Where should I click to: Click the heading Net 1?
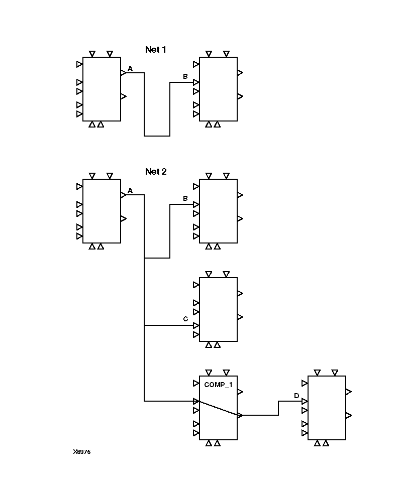pos(155,50)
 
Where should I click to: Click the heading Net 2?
pos(155,172)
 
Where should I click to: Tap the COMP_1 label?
pos(218,385)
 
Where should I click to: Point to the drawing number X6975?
pos(81,452)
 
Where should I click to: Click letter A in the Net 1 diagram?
pos(130,68)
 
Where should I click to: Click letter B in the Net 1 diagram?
pos(185,76)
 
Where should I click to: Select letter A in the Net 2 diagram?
pos(130,191)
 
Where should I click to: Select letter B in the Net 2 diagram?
pos(185,199)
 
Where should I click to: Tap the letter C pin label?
pos(185,319)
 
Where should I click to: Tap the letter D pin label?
pos(296,396)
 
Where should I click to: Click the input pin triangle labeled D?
pos(305,402)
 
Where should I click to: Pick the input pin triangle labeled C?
pos(196,325)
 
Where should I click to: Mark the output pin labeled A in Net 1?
pos(123,73)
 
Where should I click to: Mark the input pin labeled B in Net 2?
pos(196,204)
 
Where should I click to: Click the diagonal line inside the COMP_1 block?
pos(218,408)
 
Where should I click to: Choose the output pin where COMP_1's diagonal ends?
pos(240,415)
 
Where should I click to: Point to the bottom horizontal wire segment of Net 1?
pos(157,136)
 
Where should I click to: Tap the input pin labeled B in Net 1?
pos(196,82)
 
